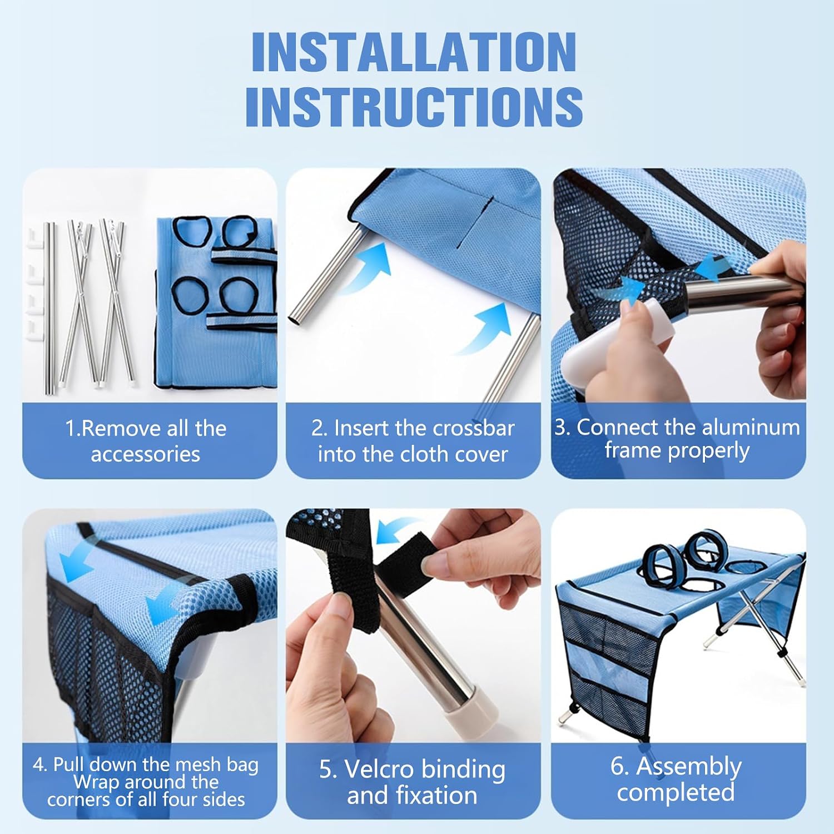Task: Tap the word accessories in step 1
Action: [x=145, y=454]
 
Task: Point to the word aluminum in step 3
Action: [x=743, y=427]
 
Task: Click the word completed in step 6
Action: [x=676, y=792]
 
